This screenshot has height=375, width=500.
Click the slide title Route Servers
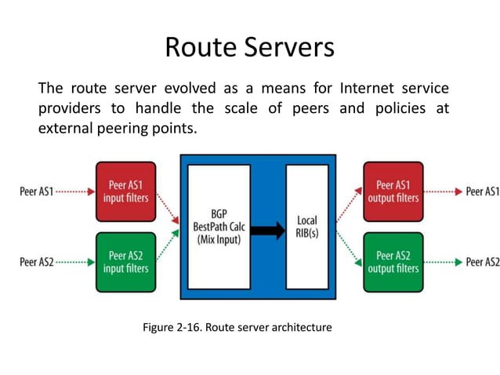(x=249, y=48)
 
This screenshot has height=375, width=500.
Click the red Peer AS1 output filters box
(x=394, y=191)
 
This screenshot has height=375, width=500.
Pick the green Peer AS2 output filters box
(x=394, y=260)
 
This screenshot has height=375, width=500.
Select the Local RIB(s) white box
(x=306, y=228)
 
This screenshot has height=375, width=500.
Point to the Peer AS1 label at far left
(x=37, y=191)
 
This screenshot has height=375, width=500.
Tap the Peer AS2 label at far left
(x=37, y=261)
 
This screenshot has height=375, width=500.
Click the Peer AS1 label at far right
(x=482, y=191)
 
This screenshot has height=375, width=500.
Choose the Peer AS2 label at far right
(x=482, y=261)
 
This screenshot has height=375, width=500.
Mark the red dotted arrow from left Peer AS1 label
(x=75, y=191)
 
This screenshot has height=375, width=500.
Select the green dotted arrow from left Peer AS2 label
(x=75, y=261)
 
